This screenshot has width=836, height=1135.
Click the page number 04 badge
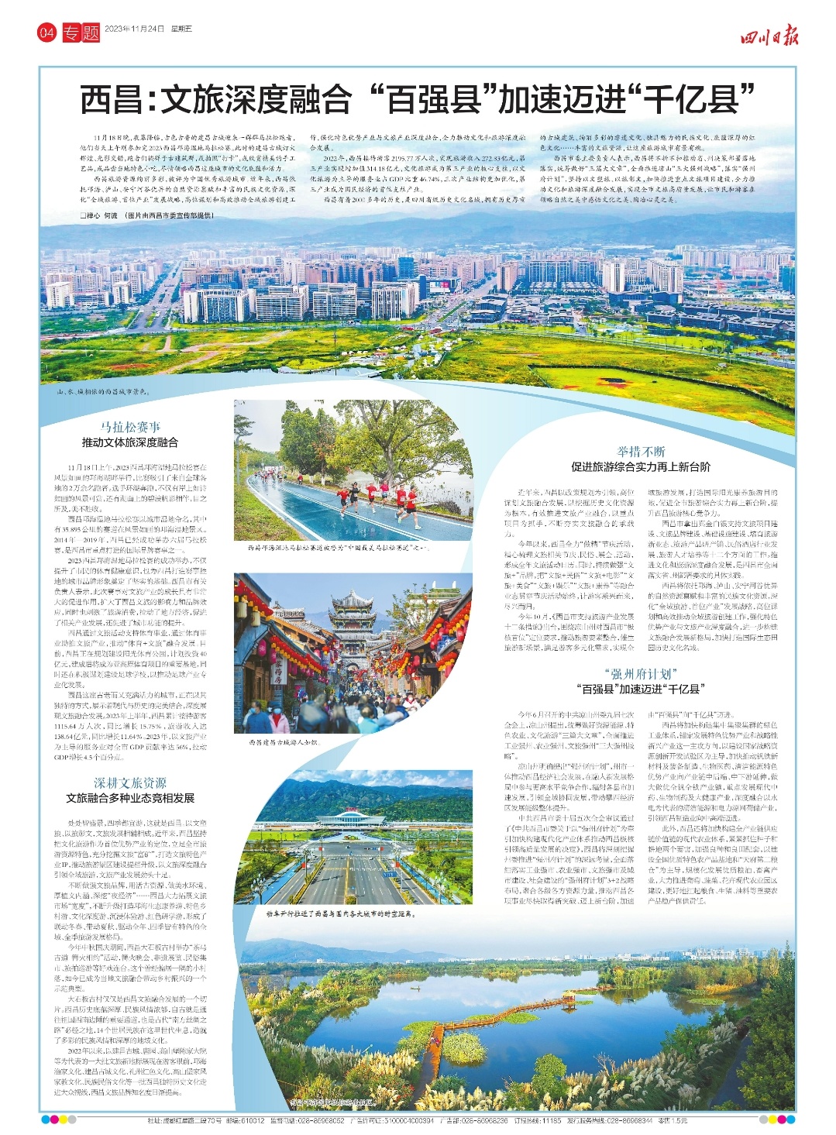click(47, 33)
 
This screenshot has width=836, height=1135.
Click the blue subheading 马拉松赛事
click(130, 427)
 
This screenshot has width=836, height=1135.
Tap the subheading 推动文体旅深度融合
click(130, 442)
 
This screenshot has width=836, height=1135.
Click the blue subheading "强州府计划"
click(640, 673)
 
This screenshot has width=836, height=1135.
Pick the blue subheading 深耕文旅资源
click(130, 783)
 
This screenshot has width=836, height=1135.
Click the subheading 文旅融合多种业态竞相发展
click(130, 798)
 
